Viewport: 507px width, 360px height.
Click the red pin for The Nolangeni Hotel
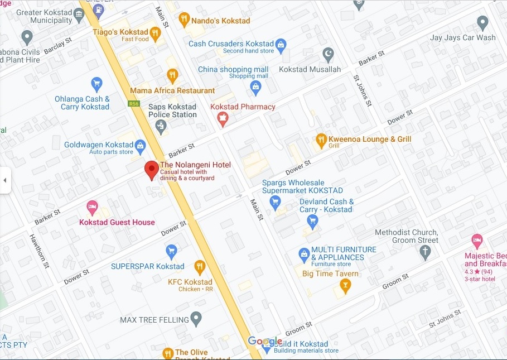tap(152, 169)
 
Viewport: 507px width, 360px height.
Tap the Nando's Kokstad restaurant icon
tap(184, 20)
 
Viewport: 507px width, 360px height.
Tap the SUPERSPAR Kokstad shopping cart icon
tap(172, 252)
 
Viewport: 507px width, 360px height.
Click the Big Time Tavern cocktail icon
tap(346, 286)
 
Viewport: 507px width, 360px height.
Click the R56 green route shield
tap(133, 103)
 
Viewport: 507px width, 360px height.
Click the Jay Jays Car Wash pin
tap(483, 23)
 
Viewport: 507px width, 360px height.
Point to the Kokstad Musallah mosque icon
tap(329, 55)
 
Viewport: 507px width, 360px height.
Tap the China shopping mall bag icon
tap(255, 87)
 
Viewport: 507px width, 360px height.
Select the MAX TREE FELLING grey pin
tap(196, 319)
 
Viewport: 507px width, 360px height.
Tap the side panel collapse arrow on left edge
tap(5, 180)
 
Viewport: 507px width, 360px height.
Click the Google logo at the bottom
tap(265, 341)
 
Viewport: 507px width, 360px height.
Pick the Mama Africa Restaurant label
tap(172, 90)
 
